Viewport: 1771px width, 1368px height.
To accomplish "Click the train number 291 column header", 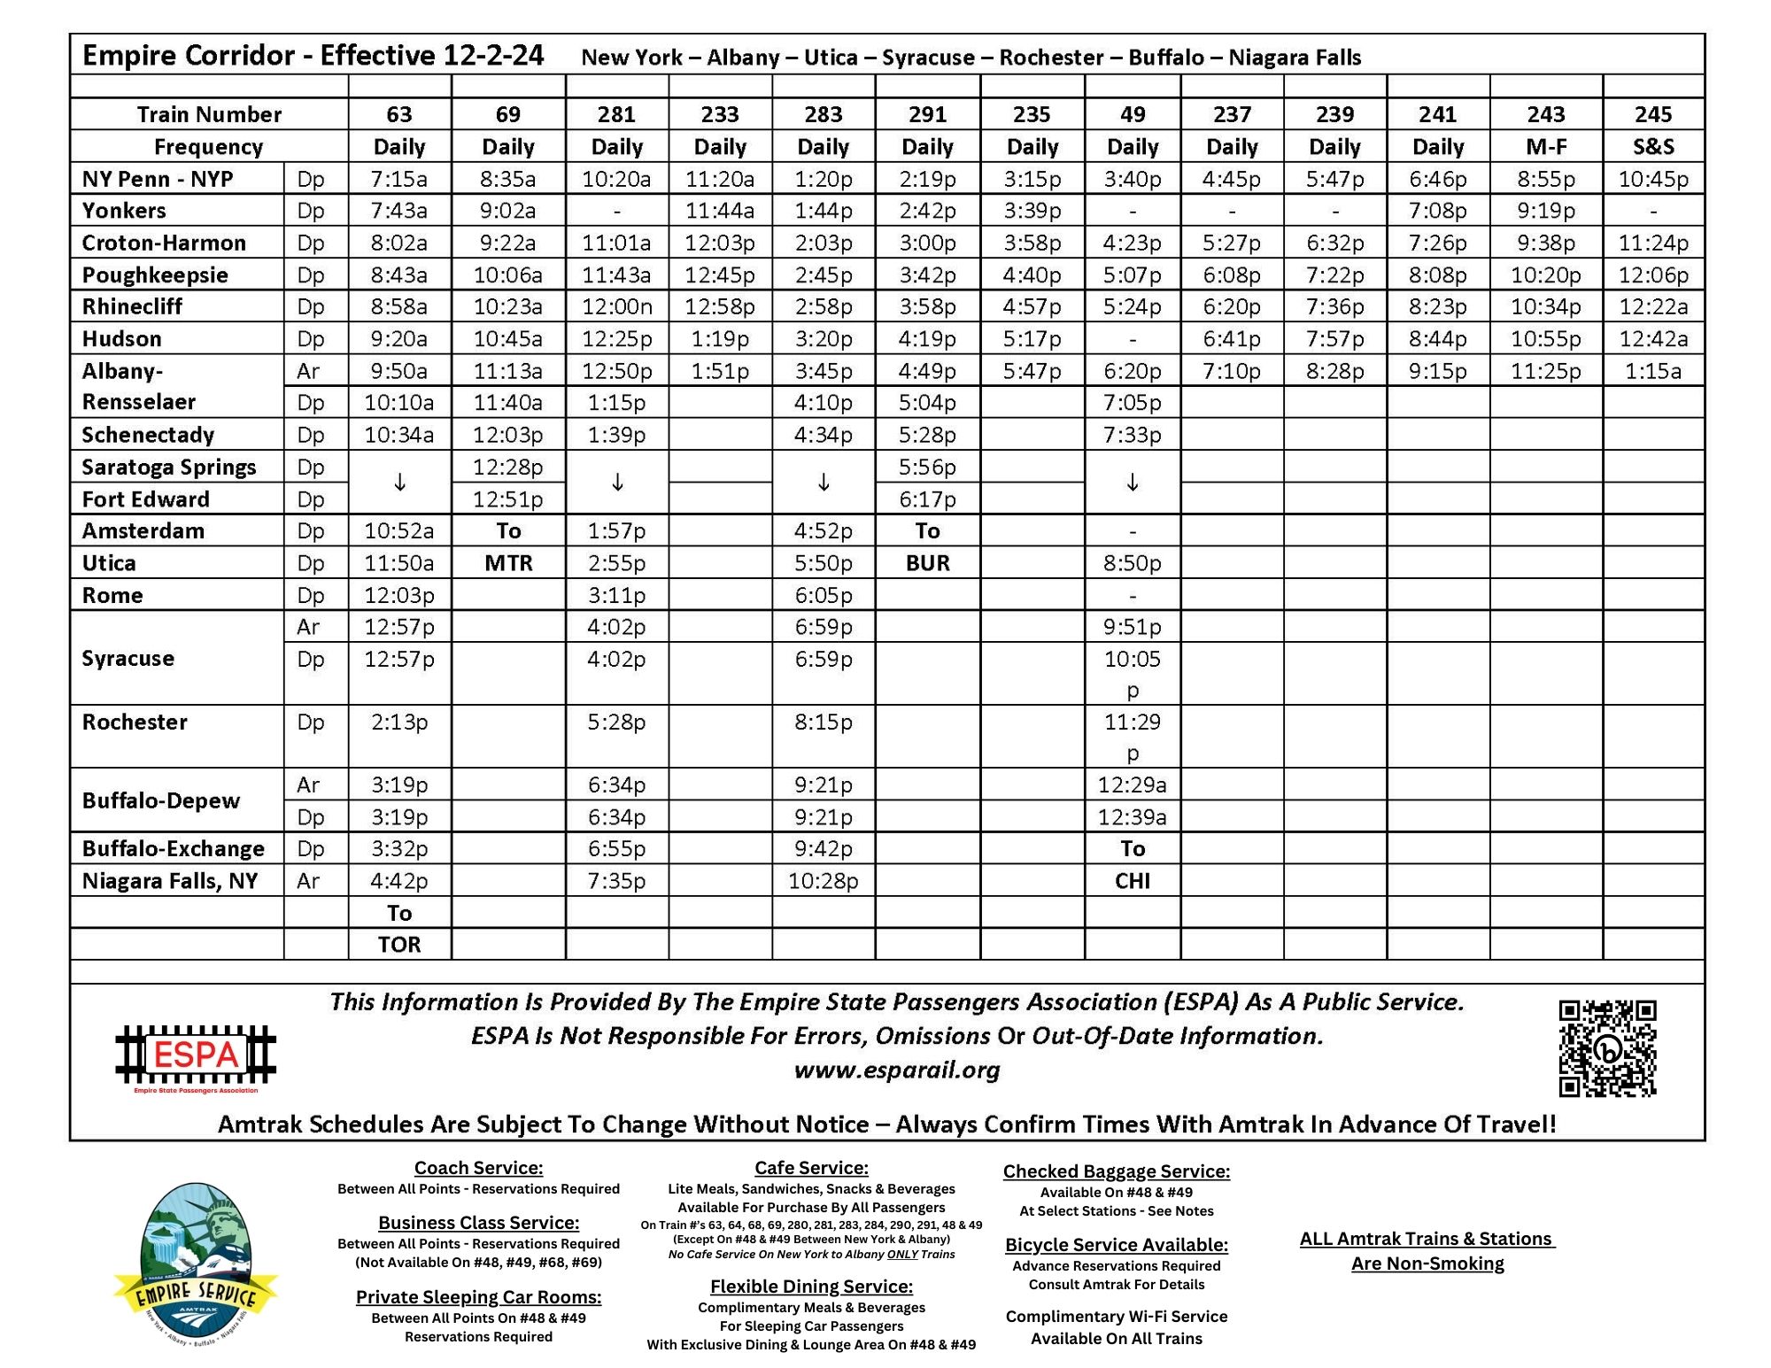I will [x=927, y=114].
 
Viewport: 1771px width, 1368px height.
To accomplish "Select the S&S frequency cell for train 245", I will [x=1652, y=146].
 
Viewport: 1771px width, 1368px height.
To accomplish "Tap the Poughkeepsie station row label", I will [x=155, y=274].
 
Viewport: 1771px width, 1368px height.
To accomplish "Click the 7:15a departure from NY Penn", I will [x=398, y=179].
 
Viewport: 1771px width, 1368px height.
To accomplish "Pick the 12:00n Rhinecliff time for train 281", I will [x=616, y=306].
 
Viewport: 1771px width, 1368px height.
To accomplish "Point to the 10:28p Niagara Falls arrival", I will [x=823, y=880].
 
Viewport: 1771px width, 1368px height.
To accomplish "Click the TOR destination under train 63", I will [x=399, y=944].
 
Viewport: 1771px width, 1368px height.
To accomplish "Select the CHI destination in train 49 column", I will [x=1132, y=880].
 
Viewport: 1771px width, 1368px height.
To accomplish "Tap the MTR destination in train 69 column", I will [x=508, y=563].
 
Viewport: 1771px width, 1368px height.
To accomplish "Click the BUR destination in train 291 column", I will [x=927, y=563].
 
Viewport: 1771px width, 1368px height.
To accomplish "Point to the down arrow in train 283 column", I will [x=824, y=483].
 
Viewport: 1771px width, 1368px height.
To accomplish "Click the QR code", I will [x=1607, y=1048].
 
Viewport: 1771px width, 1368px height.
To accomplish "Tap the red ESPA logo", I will [x=196, y=1055].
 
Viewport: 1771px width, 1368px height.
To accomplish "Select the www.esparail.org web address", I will [x=896, y=1070].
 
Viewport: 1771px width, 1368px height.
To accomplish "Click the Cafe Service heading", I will [x=811, y=1168].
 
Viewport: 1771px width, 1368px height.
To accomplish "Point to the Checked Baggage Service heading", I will [x=1116, y=1171].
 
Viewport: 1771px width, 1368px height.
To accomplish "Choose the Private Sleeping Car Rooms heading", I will [x=478, y=1297].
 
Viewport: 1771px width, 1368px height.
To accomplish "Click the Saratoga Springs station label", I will [x=169, y=467].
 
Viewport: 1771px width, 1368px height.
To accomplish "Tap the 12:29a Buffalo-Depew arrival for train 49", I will [x=1132, y=784].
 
